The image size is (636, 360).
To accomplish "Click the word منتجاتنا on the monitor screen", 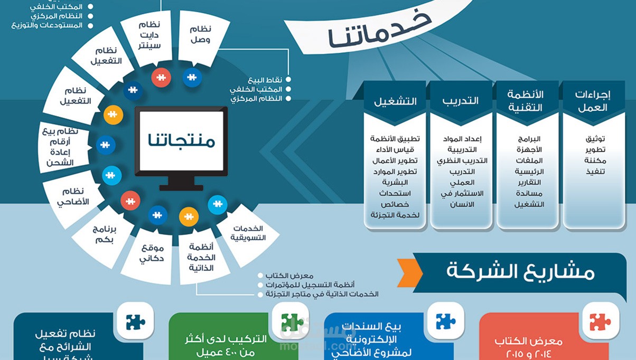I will [181, 141].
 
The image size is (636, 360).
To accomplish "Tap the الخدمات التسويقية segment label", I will [247, 233].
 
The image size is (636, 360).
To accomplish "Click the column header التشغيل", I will [395, 101].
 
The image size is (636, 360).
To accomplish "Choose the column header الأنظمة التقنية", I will [526, 101].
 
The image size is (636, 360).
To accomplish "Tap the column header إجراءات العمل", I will [592, 101].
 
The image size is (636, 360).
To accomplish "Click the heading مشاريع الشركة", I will [520, 271].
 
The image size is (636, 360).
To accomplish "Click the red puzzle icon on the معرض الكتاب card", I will [600, 321].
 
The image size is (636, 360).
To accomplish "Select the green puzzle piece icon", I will [292, 321].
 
